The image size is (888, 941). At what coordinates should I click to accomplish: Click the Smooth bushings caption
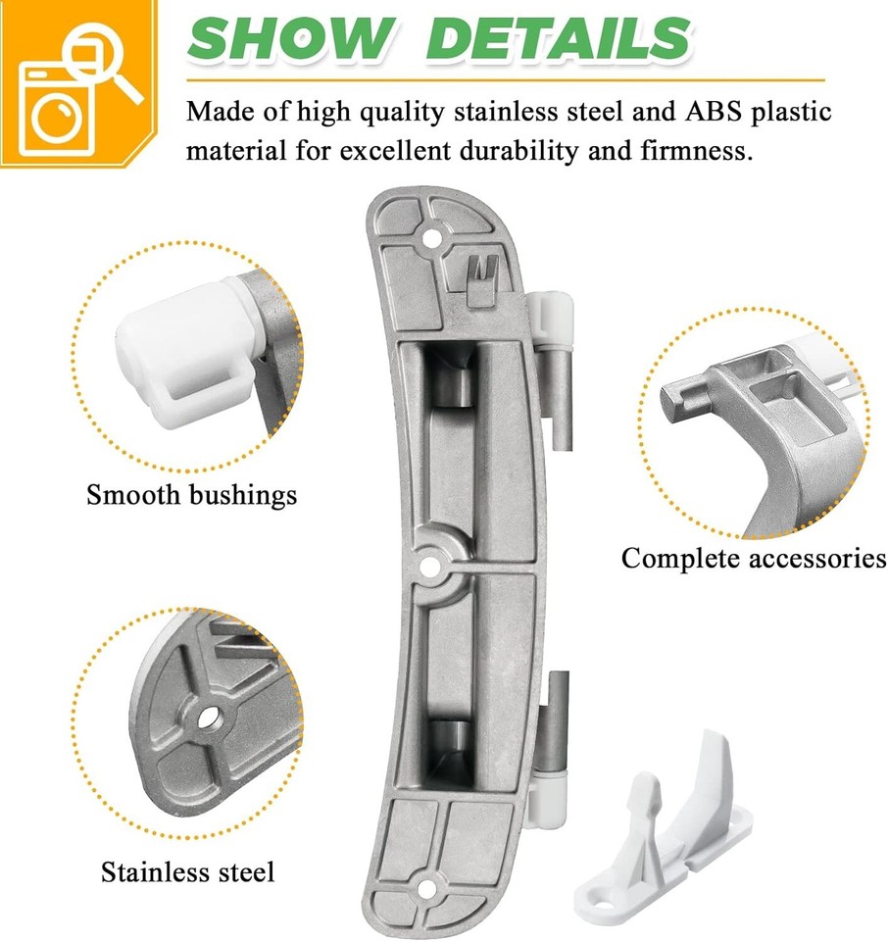(191, 495)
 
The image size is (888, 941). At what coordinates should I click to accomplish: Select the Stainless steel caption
(188, 871)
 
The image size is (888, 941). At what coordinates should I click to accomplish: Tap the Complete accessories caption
(753, 559)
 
